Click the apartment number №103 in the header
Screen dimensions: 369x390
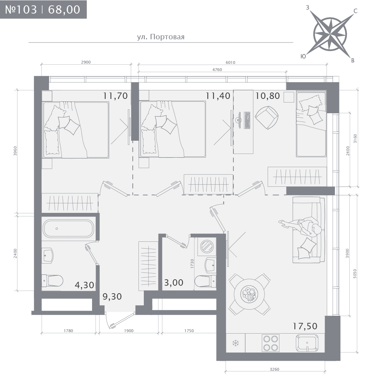tap(21, 9)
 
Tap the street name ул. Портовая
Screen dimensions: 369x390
tap(161, 37)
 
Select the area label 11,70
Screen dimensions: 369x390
tap(115, 95)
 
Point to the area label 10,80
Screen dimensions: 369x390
tap(268, 95)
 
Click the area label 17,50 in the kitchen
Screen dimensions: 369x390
tap(305, 326)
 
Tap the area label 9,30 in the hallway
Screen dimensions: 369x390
tap(112, 296)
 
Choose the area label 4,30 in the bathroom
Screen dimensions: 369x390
tap(85, 285)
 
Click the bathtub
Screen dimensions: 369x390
tap(68, 229)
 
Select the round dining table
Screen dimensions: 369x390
tap(249, 295)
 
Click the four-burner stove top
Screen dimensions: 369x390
tap(271, 343)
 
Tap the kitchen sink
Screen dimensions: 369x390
tap(307, 343)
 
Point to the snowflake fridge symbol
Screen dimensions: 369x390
tap(235, 344)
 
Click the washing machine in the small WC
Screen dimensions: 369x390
tap(207, 246)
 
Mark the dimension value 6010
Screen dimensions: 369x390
tap(230, 62)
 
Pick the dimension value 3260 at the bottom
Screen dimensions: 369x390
tap(274, 369)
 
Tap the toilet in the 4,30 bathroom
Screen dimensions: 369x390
tap(52, 281)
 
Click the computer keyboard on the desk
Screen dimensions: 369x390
tap(247, 120)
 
